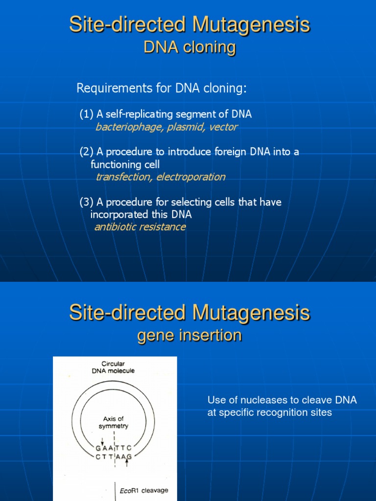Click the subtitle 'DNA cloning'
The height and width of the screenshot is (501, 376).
189,47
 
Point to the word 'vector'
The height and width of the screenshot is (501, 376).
223,127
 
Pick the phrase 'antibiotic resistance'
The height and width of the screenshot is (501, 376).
140,227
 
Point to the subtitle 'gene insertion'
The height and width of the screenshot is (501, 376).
189,336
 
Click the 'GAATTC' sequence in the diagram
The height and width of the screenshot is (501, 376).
114,448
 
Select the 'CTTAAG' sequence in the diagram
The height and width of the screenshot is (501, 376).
114,457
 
